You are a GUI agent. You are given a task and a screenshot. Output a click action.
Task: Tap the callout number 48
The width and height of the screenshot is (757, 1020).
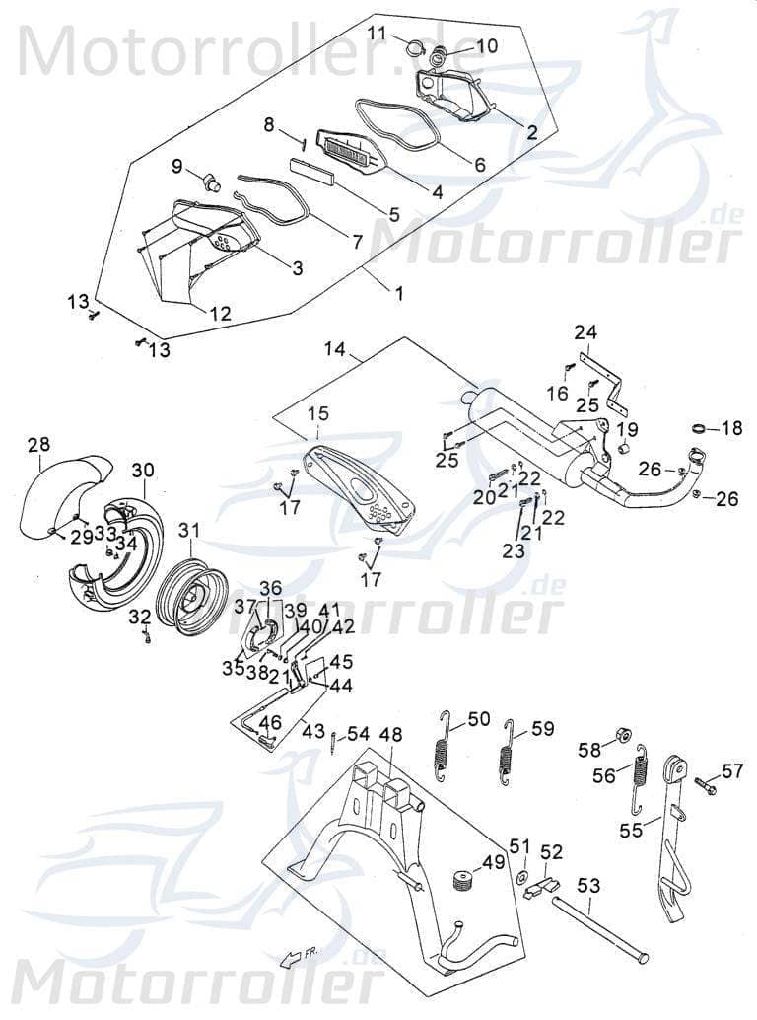tap(390, 735)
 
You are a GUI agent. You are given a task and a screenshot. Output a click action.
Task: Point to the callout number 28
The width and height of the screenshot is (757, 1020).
tap(38, 445)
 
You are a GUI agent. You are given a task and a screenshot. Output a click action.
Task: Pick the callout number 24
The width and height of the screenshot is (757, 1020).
tap(586, 331)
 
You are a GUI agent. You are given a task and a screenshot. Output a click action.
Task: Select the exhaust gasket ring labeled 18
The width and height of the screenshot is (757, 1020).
tap(698, 428)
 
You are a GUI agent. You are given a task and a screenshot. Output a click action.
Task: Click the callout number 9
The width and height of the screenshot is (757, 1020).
tap(177, 166)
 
